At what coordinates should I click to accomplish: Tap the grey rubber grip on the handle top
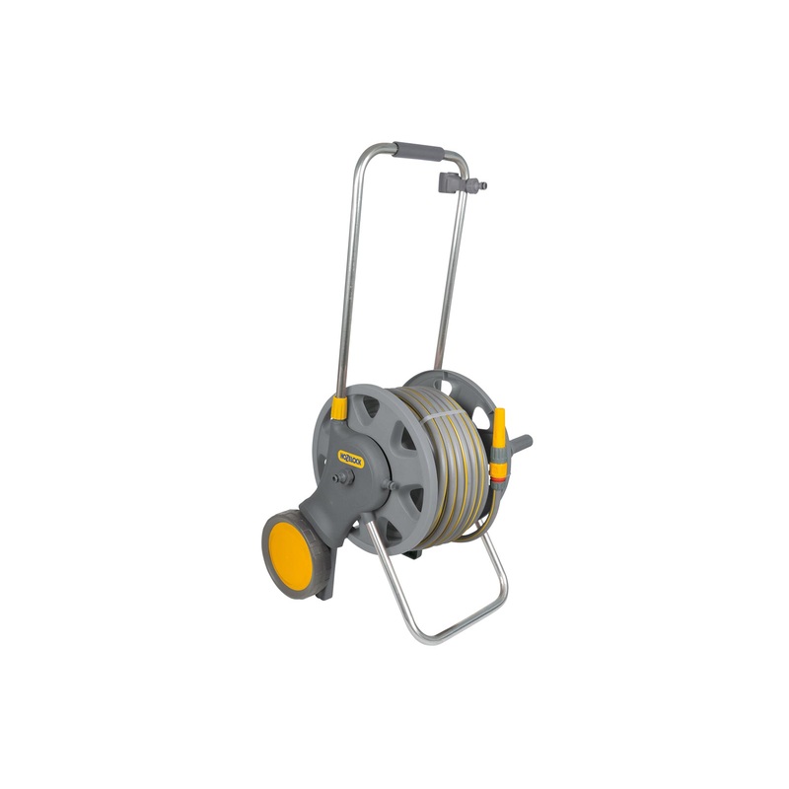click(418, 151)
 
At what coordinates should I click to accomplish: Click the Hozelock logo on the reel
click(351, 459)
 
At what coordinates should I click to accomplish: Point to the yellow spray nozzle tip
click(498, 419)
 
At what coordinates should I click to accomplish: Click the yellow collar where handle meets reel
click(339, 408)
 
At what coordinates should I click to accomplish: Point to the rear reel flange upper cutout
click(449, 385)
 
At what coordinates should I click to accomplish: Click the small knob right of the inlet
click(392, 484)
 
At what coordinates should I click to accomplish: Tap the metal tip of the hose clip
click(481, 184)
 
